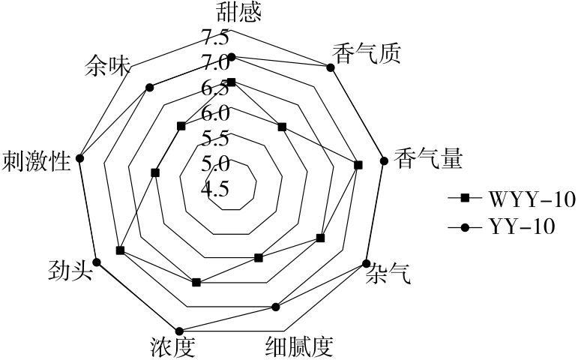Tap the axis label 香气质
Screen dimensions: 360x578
pos(366,53)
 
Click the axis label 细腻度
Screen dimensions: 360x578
pos(298,346)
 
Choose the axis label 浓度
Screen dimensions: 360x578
pos(172,346)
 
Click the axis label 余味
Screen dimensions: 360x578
pos(109,66)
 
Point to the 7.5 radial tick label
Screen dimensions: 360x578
pos(214,36)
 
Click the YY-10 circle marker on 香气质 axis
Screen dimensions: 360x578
pos(330,67)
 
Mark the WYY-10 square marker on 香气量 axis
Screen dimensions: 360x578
pos(358,164)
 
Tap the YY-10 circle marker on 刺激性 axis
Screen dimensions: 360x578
pos(81,159)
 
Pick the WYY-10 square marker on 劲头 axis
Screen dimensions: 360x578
pos(120,249)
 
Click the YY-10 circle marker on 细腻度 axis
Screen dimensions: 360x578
pos(275,306)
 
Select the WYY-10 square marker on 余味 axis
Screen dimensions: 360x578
pos(180,126)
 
